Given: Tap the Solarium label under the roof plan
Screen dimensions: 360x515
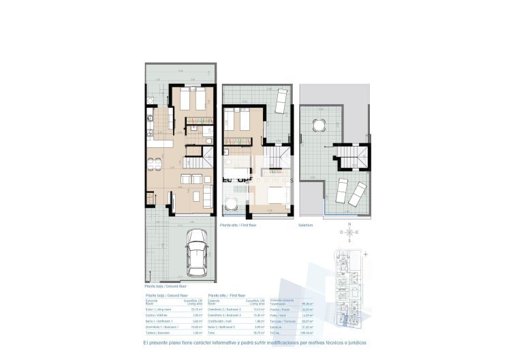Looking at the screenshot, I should pos(306,225).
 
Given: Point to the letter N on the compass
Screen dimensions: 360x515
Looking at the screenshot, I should pos(349,224).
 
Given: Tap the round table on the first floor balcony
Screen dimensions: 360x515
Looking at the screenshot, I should pos(231,202).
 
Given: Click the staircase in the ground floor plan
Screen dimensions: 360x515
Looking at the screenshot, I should pos(197,162).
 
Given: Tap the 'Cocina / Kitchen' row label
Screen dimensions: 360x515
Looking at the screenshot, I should pos(157,315).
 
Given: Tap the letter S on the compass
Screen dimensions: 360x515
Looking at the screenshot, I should pos(349,241).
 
